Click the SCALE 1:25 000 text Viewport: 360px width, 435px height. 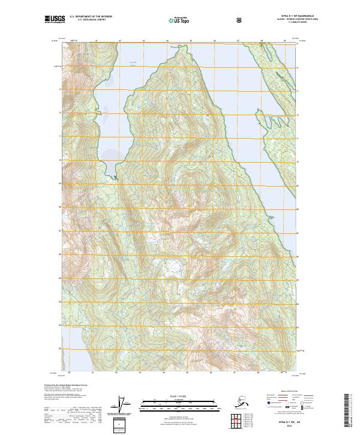(x=179, y=396)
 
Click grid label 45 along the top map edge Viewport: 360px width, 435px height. (x=190, y=40)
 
